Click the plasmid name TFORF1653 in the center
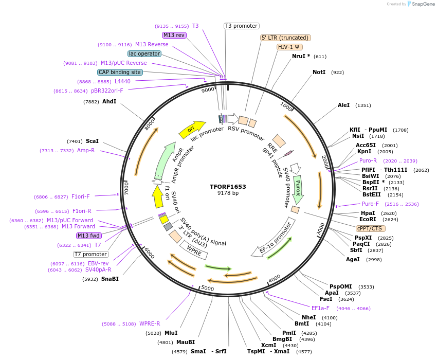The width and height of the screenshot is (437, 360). tap(228, 187)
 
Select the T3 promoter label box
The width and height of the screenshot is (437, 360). tap(242, 26)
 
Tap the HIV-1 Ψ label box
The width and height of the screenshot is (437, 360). tap(289, 47)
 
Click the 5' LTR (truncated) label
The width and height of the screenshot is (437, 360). tap(285, 38)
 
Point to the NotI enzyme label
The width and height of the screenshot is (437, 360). tap(319, 73)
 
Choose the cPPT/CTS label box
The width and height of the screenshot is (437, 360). tap(369, 228)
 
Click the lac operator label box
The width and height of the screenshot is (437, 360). tap(144, 53)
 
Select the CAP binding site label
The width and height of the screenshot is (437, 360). tap(120, 73)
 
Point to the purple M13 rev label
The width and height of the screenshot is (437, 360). tap(174, 35)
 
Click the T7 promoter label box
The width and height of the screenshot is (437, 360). tap(91, 254)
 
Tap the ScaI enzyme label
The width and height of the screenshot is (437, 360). tap(93, 141)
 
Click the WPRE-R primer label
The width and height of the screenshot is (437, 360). tap(150, 324)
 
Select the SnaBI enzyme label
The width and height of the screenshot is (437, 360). tap(110, 279)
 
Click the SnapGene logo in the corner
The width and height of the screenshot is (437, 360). tap(421, 4)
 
